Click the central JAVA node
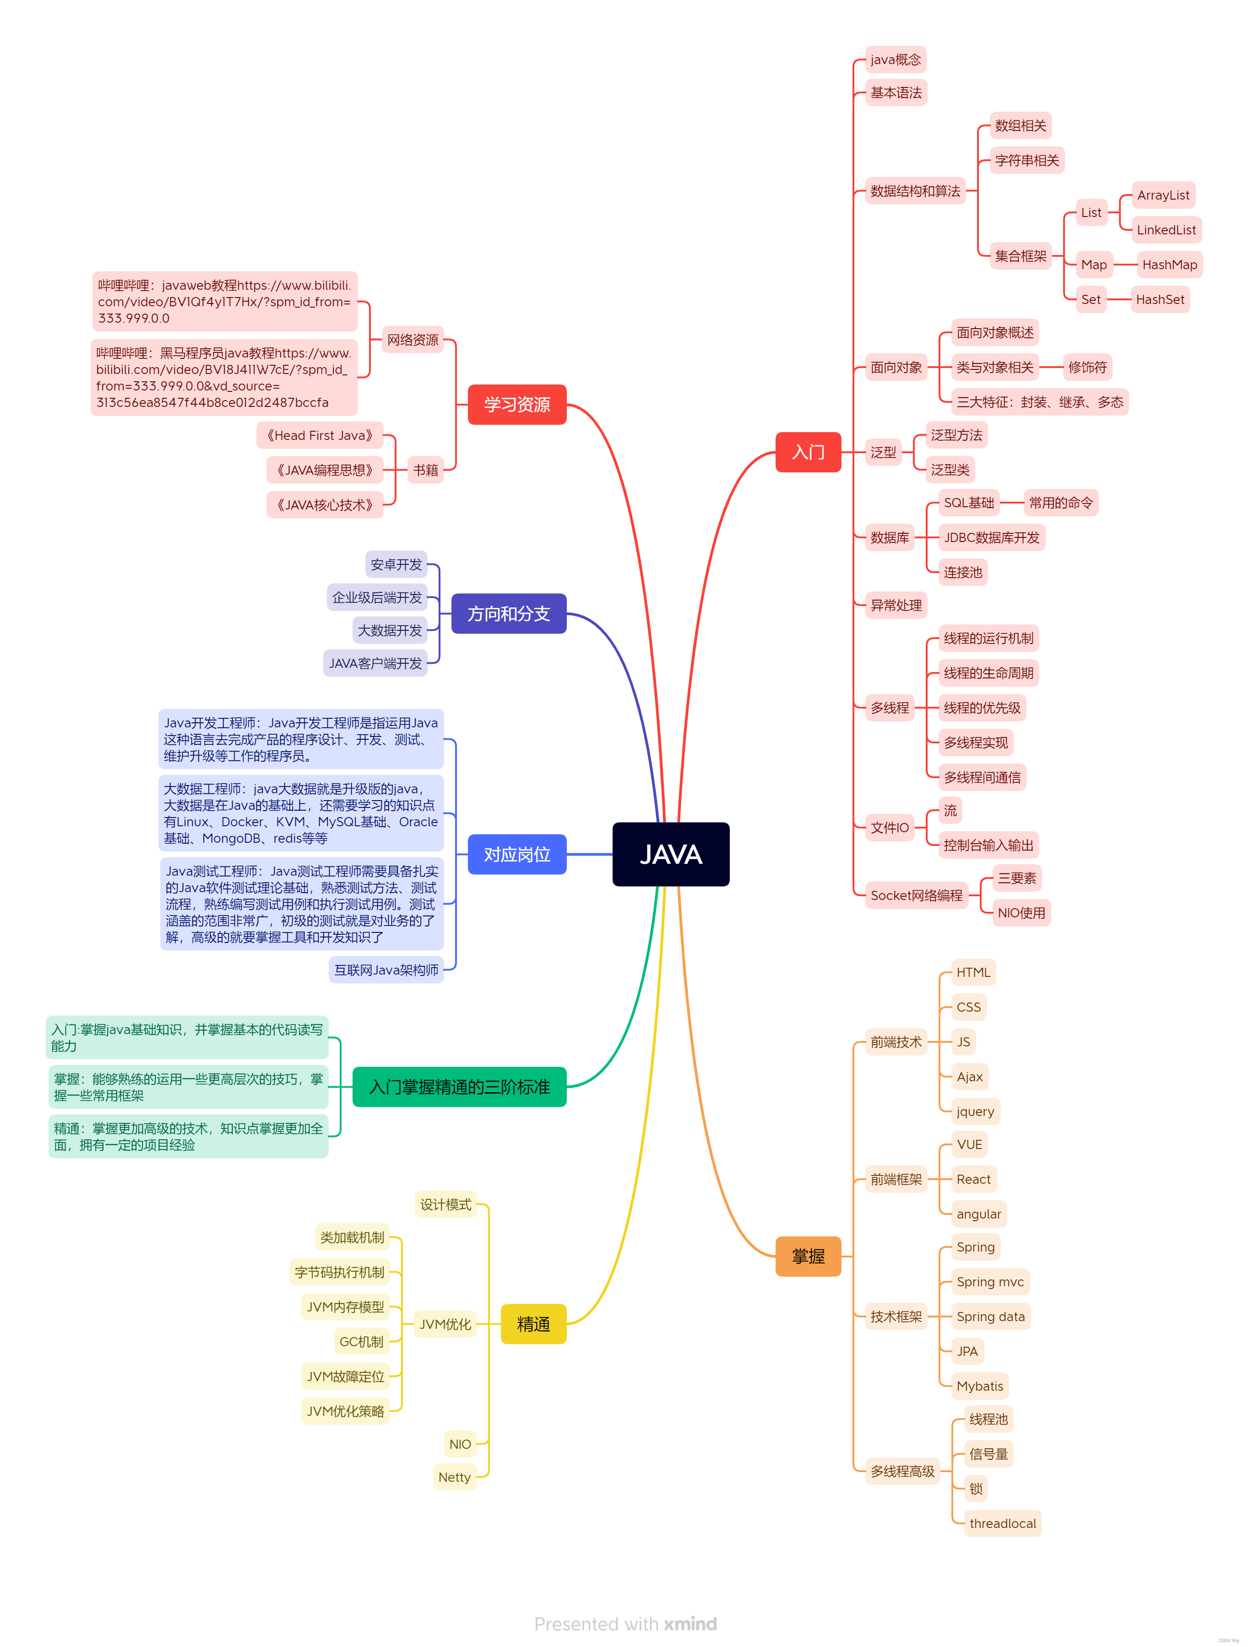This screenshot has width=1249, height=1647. tap(670, 854)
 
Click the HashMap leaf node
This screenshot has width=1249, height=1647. tap(1168, 264)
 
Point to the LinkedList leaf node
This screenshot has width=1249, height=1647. tap(1166, 229)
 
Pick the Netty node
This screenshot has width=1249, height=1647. tap(454, 1477)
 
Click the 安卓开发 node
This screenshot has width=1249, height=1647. tap(396, 564)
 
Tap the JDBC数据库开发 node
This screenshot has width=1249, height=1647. tap(991, 537)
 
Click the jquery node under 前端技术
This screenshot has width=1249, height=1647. tap(975, 1111)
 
